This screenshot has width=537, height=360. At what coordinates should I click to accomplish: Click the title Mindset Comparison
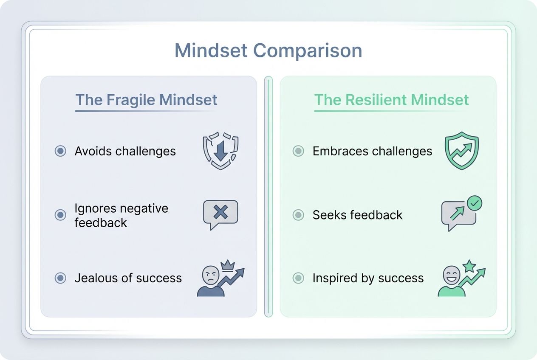(x=268, y=51)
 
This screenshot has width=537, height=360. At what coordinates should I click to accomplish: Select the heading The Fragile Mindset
(x=146, y=100)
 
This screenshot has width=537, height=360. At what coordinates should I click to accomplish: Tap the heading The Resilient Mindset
(x=391, y=100)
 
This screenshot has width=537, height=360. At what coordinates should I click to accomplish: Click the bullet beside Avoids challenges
(x=60, y=151)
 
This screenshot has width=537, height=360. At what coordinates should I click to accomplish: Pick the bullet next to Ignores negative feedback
(x=60, y=215)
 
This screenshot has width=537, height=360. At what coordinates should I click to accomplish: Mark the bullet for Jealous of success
(x=60, y=278)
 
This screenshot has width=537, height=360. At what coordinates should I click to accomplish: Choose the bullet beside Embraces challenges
(x=298, y=151)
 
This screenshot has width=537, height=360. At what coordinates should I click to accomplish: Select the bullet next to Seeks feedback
(x=298, y=215)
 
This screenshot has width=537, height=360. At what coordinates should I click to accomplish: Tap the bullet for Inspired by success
(x=298, y=278)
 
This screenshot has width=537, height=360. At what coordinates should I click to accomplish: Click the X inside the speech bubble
(x=220, y=212)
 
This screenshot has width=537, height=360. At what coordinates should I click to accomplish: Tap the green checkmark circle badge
(x=475, y=203)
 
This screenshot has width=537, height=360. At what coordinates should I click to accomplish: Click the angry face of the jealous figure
(x=210, y=275)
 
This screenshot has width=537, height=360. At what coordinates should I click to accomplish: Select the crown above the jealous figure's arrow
(x=228, y=266)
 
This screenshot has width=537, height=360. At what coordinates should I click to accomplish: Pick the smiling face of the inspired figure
(x=452, y=275)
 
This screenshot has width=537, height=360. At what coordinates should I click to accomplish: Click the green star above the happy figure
(x=469, y=266)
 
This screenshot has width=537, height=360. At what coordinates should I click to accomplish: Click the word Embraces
(x=340, y=151)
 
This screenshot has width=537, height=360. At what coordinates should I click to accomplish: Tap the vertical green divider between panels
(x=268, y=197)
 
